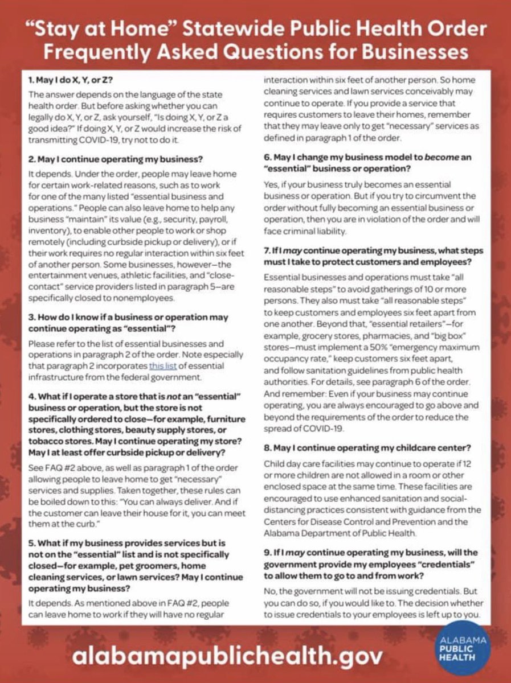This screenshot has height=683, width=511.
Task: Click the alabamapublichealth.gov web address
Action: click(227, 656)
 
